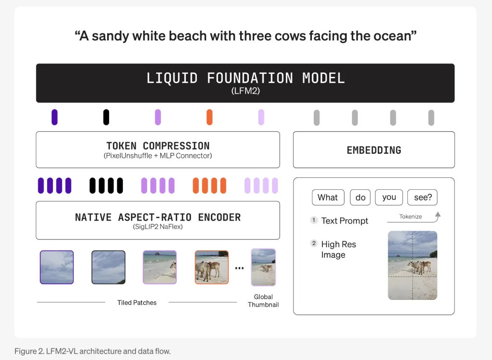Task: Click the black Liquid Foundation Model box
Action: click(x=245, y=83)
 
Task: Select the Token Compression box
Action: click(x=158, y=149)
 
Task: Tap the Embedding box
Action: click(x=374, y=150)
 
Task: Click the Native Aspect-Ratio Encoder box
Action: click(x=158, y=220)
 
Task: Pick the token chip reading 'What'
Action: click(x=328, y=198)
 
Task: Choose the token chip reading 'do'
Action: click(x=360, y=198)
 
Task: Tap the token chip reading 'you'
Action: click(x=389, y=198)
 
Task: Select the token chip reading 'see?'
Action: click(x=422, y=198)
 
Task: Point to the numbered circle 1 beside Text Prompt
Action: click(x=314, y=220)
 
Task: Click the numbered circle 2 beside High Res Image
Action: click(x=314, y=244)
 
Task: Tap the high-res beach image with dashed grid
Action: click(x=412, y=265)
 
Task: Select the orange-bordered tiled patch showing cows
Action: click(x=211, y=267)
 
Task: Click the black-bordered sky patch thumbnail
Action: click(x=109, y=267)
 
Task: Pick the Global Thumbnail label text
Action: click(x=263, y=301)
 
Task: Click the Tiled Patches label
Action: click(x=137, y=302)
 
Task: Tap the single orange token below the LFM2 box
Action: click(x=209, y=117)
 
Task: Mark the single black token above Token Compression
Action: click(x=106, y=117)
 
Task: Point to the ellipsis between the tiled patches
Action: click(x=239, y=268)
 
